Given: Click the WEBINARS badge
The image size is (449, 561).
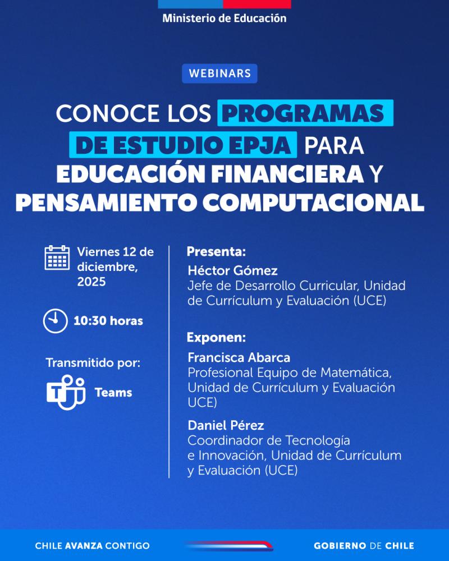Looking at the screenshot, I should click(x=219, y=73).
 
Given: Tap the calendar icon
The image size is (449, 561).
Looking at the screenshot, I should click(x=57, y=258).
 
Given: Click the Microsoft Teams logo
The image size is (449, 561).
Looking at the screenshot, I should click(x=65, y=392).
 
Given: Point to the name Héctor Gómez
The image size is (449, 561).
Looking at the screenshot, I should click(x=232, y=270).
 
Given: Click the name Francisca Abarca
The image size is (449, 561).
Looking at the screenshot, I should click(x=239, y=357).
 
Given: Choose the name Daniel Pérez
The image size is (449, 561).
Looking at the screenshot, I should click(x=226, y=425).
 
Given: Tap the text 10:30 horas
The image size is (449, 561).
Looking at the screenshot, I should click(x=108, y=321).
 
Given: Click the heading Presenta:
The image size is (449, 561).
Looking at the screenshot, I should click(x=216, y=251).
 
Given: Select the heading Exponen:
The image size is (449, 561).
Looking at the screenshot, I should click(x=216, y=338).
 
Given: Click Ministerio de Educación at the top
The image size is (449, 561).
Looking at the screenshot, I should click(x=224, y=18).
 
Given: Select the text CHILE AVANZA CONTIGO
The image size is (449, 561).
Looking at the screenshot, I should click(x=92, y=545).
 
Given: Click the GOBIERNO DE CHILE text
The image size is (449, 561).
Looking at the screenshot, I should click(x=364, y=545).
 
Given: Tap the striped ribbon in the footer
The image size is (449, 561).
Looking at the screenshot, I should click(x=228, y=545).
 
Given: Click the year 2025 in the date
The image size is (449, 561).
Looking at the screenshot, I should click(x=91, y=282).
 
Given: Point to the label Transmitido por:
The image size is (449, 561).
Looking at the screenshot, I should click(x=93, y=363).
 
